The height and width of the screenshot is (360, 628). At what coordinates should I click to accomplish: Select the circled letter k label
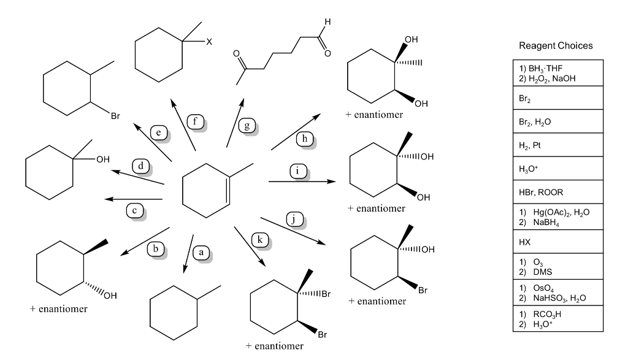259,240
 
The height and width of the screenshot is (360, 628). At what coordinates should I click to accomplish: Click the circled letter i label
298,171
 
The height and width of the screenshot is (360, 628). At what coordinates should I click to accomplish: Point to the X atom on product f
209,42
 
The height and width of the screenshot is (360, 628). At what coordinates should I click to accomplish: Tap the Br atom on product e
115,115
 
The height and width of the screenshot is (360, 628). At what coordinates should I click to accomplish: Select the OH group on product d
102,159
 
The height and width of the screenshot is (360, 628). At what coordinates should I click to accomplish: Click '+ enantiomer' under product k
274,347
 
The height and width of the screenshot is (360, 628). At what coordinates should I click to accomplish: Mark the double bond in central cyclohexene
226,190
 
